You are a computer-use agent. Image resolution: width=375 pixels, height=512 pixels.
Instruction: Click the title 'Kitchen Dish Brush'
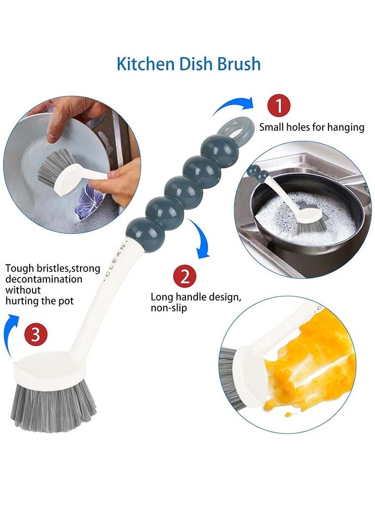[188, 64]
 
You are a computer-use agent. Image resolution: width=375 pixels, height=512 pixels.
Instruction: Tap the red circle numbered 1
[279, 106]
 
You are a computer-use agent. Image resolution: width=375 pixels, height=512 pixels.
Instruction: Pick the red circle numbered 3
[35, 335]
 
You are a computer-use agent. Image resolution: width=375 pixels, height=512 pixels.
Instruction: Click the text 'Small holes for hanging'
[311, 127]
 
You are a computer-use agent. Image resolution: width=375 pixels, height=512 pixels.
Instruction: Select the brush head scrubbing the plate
[57, 168]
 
